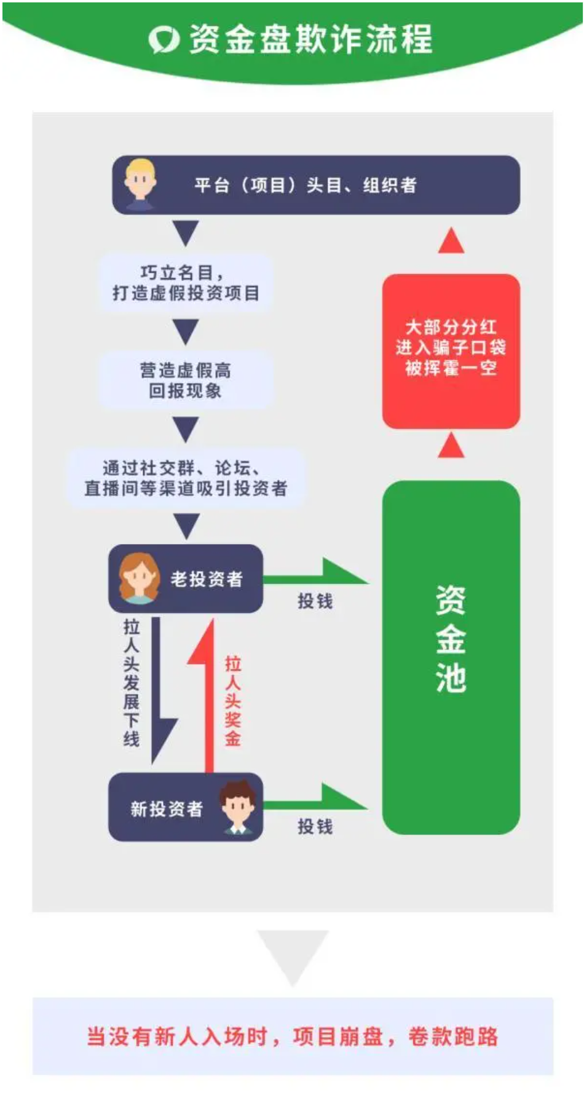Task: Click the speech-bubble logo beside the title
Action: pos(164,39)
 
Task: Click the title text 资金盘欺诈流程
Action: pos(311,39)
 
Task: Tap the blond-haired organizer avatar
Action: pos(140,184)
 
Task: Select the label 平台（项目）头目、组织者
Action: pos(306,185)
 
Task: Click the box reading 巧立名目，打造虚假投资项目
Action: pos(186,283)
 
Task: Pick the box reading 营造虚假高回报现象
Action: pos(186,381)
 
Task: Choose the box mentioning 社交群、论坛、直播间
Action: pos(186,478)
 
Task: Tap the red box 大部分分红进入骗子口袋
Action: pos(451,351)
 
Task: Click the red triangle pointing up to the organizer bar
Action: pos(451,240)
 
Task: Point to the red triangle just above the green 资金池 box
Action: pos(451,445)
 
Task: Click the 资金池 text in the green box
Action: pos(451,639)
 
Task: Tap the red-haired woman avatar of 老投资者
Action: pos(138,578)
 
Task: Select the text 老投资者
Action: pos(207,579)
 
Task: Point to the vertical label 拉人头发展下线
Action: pos(132,683)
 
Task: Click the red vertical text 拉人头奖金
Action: pos(232,701)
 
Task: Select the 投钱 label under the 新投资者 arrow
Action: pos(315,827)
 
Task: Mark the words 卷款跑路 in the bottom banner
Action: pos(453,1036)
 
